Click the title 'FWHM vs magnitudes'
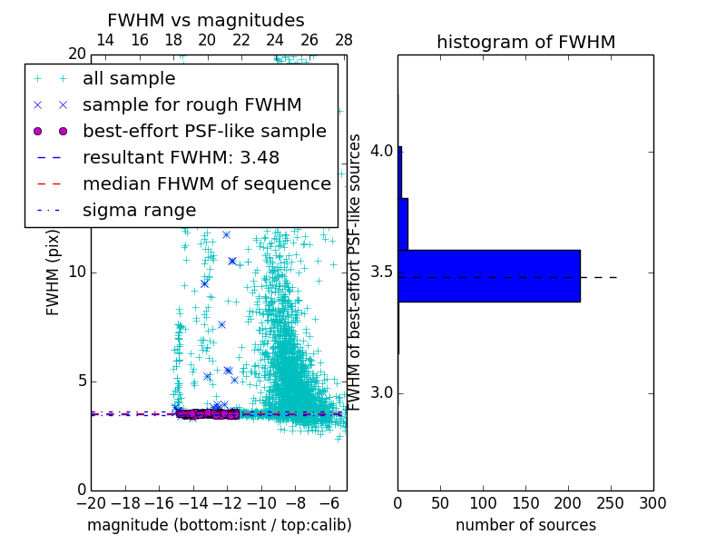(x=206, y=20)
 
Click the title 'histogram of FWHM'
(x=525, y=42)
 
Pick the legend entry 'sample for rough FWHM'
(x=191, y=105)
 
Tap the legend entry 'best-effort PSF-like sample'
(x=204, y=132)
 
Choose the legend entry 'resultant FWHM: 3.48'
(x=184, y=158)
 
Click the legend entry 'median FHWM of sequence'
(x=206, y=184)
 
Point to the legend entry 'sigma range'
(x=139, y=211)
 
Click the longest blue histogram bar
(x=488, y=275)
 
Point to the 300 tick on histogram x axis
(x=652, y=503)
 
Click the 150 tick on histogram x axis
(x=525, y=503)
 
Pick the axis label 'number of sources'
(x=525, y=525)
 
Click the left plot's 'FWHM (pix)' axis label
(x=54, y=272)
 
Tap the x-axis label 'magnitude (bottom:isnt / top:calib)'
(x=219, y=525)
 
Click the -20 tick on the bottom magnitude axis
(x=91, y=503)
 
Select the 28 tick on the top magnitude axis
(x=343, y=41)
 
